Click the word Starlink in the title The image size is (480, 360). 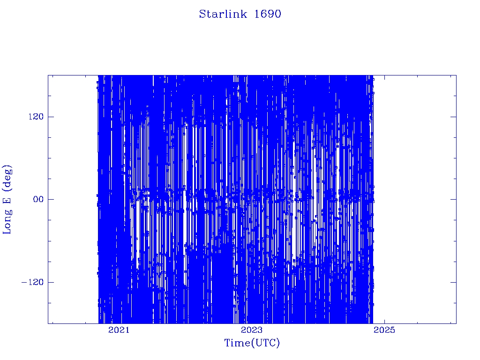223,14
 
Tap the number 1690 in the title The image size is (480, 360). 268,14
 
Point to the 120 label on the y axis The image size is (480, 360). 36,117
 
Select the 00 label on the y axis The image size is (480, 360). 38,199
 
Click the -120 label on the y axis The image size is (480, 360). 33,282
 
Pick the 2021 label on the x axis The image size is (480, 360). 119,330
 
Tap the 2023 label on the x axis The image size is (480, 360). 252,330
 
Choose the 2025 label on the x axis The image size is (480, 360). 384,330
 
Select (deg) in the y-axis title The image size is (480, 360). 7,177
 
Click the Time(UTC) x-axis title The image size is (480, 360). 252,343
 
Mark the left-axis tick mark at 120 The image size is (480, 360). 51,117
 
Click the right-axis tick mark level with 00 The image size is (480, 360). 453,199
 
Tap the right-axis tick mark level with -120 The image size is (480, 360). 453,282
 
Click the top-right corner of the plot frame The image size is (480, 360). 456,75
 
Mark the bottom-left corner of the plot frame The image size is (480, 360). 48,323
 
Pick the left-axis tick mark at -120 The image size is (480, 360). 51,282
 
